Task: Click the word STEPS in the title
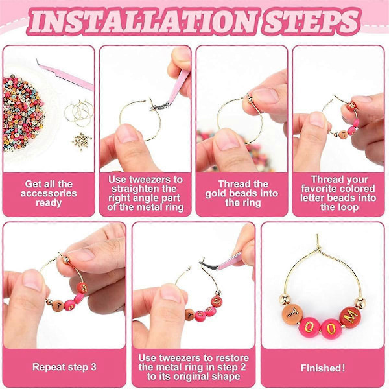click(x=311, y=21)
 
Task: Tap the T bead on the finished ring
click(x=293, y=314)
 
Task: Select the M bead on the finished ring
click(x=350, y=316)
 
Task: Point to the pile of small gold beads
click(x=82, y=141)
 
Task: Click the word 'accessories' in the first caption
click(x=49, y=193)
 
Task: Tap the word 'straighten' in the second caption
click(x=144, y=189)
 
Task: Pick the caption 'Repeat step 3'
click(x=64, y=367)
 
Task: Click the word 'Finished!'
click(x=323, y=368)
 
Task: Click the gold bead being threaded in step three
click(x=250, y=99)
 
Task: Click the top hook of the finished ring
click(x=318, y=242)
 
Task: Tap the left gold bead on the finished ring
click(x=284, y=299)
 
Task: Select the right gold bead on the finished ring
click(x=360, y=302)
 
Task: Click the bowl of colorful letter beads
click(x=23, y=113)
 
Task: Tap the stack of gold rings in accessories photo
click(x=79, y=112)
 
